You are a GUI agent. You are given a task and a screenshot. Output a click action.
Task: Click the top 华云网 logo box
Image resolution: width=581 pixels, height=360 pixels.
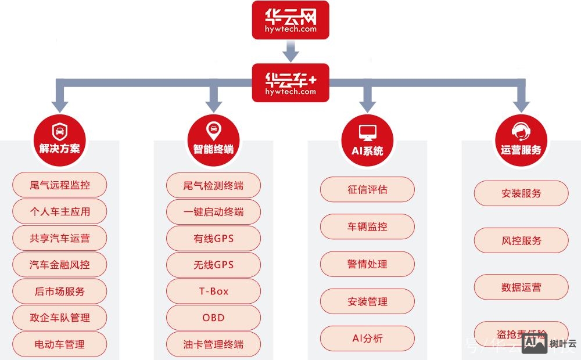[x=290, y=20]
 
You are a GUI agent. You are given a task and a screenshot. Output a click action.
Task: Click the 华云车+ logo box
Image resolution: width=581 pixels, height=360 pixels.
[x=290, y=83]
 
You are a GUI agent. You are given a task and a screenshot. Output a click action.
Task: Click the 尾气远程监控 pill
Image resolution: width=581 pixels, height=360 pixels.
[x=60, y=186]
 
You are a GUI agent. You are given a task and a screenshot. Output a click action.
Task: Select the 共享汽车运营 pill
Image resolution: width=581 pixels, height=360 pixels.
[x=60, y=239]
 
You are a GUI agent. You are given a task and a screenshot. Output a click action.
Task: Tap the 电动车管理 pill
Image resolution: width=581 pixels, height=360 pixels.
[x=60, y=344]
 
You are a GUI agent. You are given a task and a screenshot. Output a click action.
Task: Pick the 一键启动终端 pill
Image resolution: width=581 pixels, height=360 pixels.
[x=213, y=212]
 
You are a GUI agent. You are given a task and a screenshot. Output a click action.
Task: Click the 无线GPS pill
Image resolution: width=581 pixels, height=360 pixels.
[x=213, y=265]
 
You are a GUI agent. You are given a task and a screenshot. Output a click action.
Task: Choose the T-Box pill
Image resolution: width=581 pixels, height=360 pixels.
[x=213, y=291]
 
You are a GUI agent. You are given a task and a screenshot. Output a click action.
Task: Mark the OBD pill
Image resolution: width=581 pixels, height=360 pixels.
[x=213, y=318]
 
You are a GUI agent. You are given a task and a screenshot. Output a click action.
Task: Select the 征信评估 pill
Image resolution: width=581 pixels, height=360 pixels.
[x=367, y=189]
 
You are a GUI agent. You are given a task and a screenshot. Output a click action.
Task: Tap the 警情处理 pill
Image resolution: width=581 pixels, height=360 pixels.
[x=367, y=264]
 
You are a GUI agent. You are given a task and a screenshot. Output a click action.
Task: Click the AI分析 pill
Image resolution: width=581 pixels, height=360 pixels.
[x=367, y=339]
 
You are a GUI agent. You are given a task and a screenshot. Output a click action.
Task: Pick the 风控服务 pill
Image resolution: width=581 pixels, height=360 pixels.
[x=521, y=240]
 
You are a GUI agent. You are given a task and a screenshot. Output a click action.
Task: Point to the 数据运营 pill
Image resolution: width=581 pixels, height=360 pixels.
[x=521, y=287]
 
